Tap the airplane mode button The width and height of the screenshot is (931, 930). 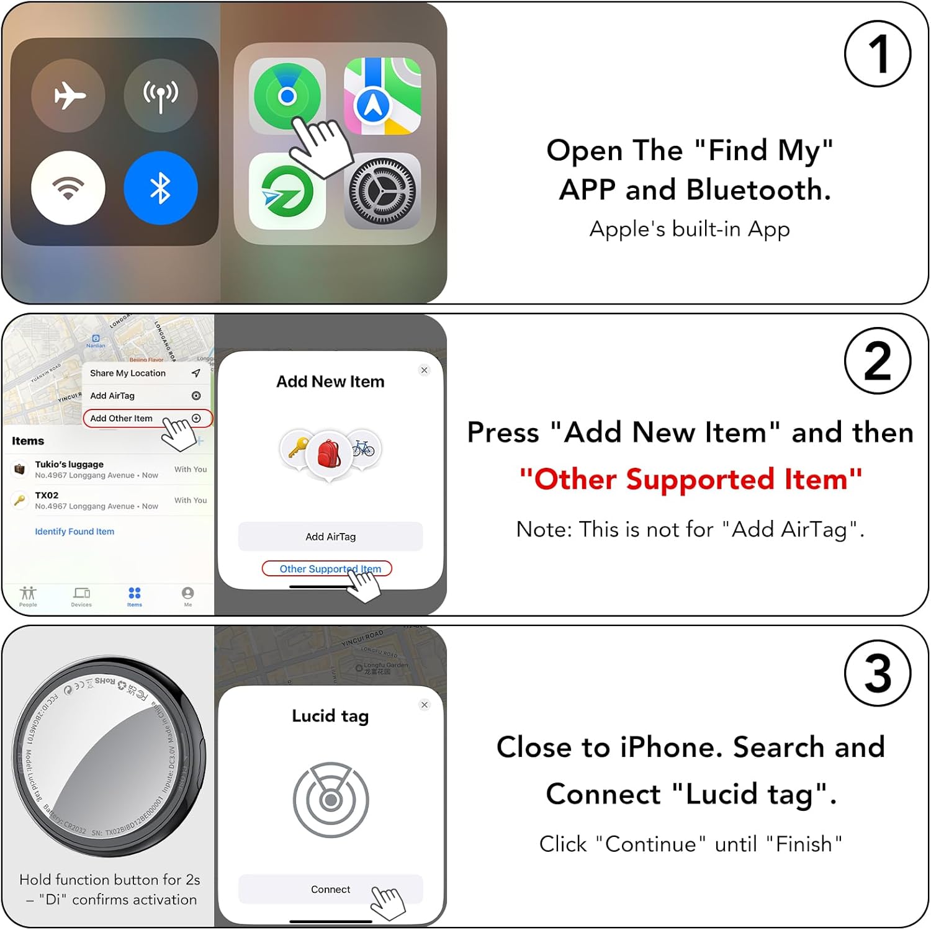coord(68,96)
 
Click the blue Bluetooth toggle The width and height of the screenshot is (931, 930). coord(161,188)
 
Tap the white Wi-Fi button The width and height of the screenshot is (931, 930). coord(68,188)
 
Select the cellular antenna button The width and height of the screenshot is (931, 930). coord(161,96)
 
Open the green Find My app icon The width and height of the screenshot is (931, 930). coord(287,96)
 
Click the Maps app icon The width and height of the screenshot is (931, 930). coord(382,96)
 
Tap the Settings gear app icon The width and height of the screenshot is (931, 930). coord(382,191)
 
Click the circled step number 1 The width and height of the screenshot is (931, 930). coord(877,54)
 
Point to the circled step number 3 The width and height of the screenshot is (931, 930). coord(877,673)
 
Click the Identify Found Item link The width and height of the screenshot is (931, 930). coord(74,532)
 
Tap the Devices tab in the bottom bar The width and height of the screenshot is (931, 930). coord(81,596)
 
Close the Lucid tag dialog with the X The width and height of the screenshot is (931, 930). coord(425,705)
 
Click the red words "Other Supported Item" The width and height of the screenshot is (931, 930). coord(690,480)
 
